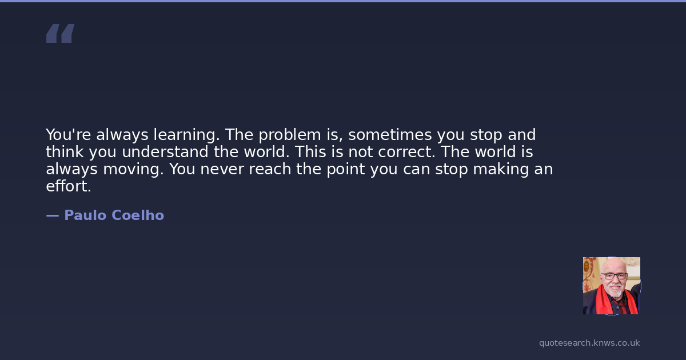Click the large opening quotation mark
click(x=61, y=33)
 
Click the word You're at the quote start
click(x=68, y=135)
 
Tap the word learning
click(x=187, y=135)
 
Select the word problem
click(x=290, y=135)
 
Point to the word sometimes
click(x=390, y=135)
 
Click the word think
click(x=65, y=152)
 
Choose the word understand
click(x=165, y=152)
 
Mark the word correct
click(x=406, y=152)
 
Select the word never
click(x=222, y=169)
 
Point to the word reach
click(x=270, y=169)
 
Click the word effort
click(x=69, y=186)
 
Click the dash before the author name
click(x=53, y=216)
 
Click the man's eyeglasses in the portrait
click(x=614, y=276)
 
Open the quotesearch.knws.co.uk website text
click(x=589, y=343)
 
